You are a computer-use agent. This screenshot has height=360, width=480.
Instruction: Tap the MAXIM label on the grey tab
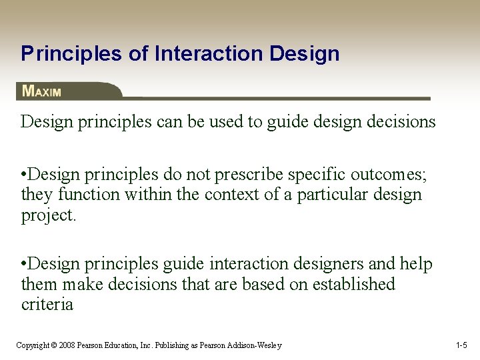point(42,91)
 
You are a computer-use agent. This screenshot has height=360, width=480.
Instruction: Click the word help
point(417,265)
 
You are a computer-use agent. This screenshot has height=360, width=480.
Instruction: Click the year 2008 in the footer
point(66,345)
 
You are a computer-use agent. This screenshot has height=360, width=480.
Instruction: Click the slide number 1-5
point(461,345)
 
